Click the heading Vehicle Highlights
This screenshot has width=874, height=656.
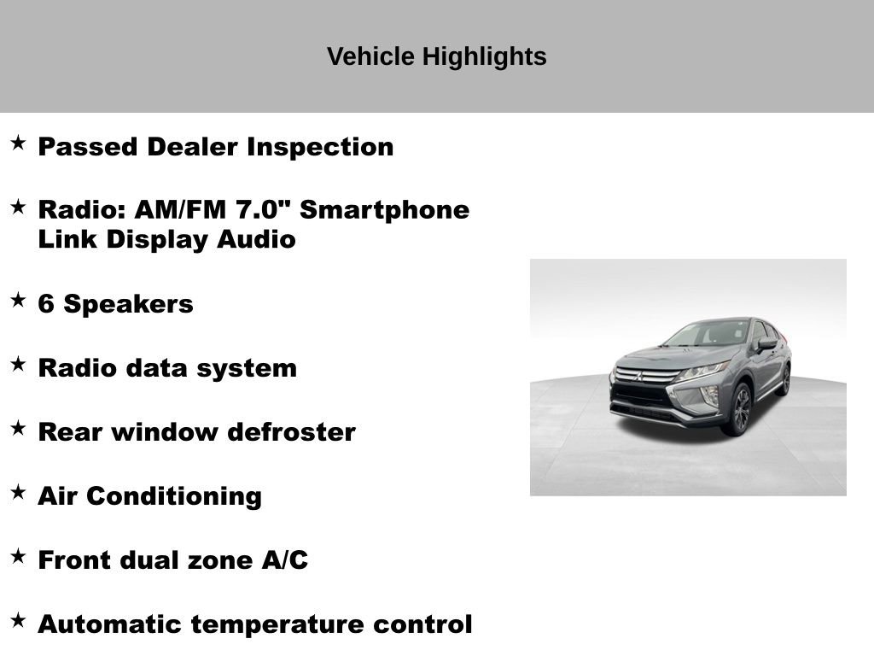point(436,56)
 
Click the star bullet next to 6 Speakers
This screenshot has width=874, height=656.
point(18,300)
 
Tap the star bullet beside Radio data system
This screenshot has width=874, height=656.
point(18,364)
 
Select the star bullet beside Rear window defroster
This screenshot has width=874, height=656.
point(18,428)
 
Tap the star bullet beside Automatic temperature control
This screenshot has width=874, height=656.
point(18,620)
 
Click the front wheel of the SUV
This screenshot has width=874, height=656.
point(738,409)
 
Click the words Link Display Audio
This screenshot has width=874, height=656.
point(166,240)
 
